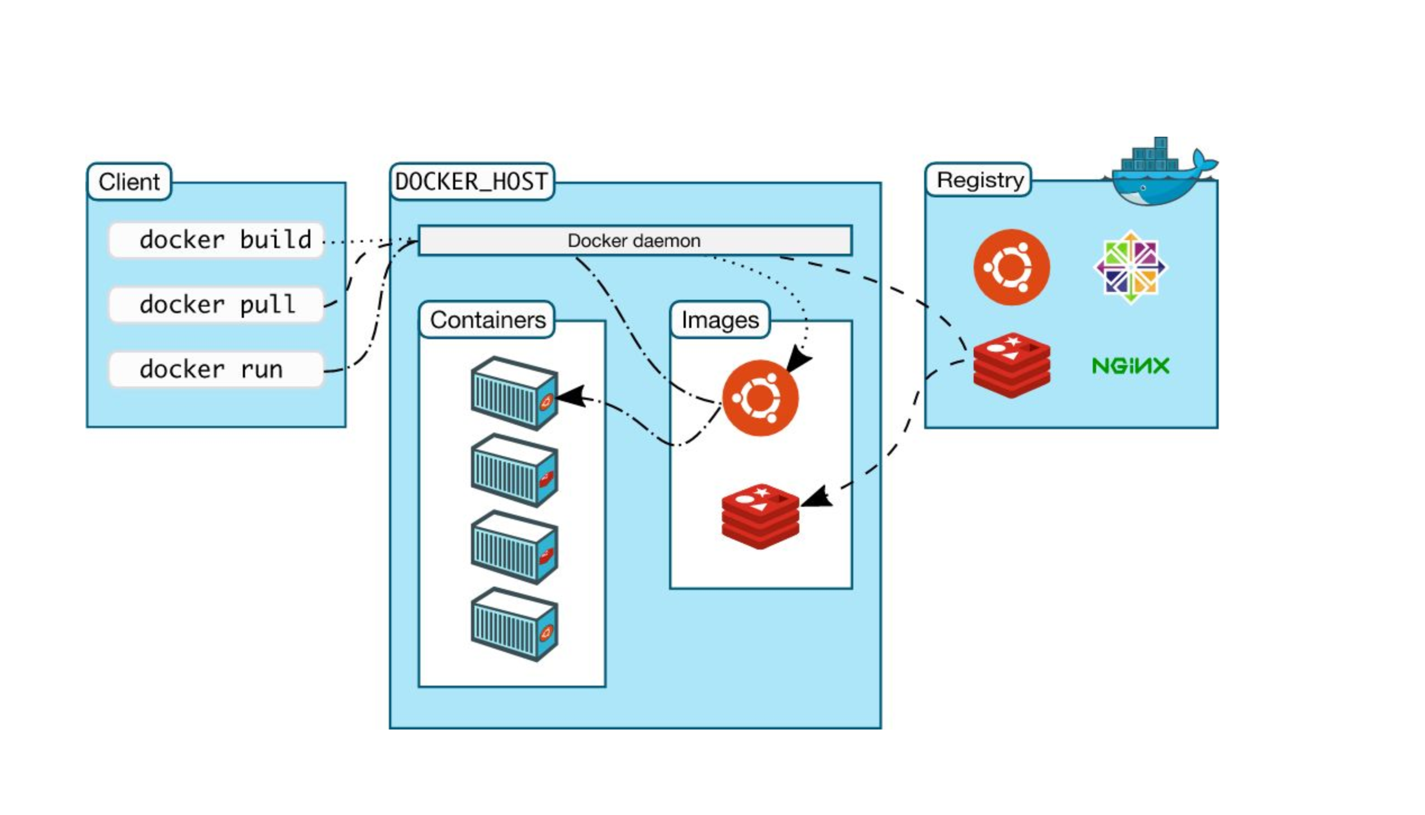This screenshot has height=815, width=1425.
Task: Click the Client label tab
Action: point(129,182)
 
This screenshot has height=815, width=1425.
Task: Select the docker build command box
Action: point(216,240)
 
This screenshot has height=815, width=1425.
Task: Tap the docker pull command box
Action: point(216,305)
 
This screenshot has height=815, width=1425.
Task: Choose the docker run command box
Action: point(216,370)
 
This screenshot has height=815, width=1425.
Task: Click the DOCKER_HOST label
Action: point(472,182)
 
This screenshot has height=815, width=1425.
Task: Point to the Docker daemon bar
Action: point(635,241)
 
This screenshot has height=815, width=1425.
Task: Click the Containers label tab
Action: point(487,320)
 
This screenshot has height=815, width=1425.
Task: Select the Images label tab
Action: point(720,320)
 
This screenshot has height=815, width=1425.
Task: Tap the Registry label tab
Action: point(979,180)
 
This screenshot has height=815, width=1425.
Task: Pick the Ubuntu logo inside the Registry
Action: point(1011,267)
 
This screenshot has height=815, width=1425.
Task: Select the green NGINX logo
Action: point(1130,366)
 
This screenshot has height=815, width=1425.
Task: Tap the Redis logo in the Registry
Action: point(1011,366)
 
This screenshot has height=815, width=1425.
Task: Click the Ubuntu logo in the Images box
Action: point(760,398)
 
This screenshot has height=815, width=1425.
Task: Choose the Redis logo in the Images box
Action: point(760,516)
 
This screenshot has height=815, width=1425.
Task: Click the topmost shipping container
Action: point(514,394)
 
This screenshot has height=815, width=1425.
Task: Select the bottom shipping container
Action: point(514,624)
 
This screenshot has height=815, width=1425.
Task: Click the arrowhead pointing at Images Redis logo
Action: point(816,498)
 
